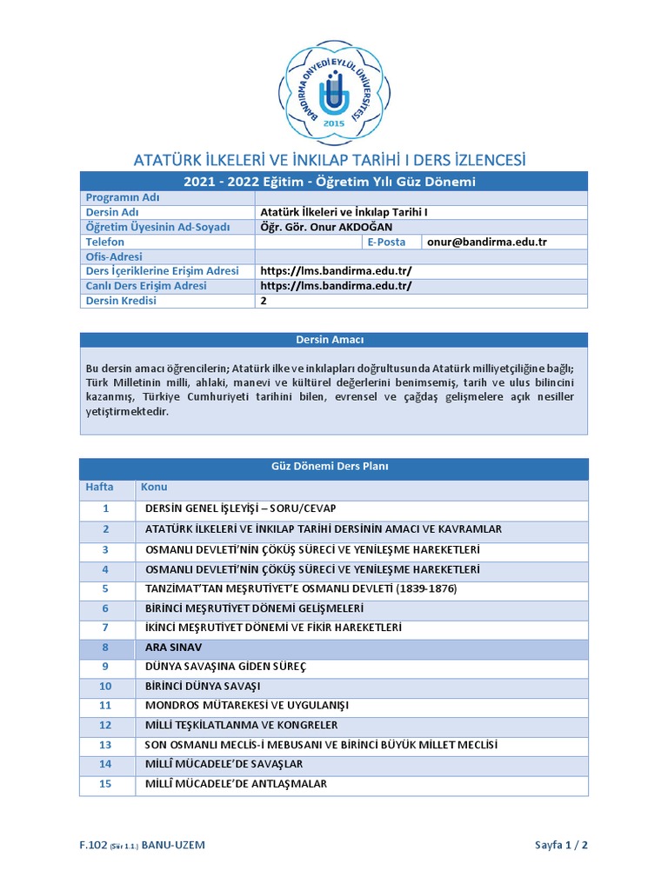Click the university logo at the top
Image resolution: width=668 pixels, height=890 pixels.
pyautogui.click(x=334, y=91)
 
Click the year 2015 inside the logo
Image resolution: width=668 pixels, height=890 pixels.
pyautogui.click(x=334, y=124)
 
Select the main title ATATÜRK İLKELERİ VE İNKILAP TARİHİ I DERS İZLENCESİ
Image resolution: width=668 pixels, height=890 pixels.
pyautogui.click(x=329, y=160)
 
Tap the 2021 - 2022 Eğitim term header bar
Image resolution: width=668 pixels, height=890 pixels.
pyautogui.click(x=334, y=182)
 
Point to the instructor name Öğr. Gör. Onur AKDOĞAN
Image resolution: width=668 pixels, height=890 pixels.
pyautogui.click(x=326, y=227)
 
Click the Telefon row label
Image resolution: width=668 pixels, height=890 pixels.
pyautogui.click(x=105, y=242)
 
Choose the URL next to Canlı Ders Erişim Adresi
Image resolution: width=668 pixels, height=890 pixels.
pyautogui.click(x=336, y=286)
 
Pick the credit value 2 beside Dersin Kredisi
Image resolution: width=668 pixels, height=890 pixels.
pyautogui.click(x=264, y=301)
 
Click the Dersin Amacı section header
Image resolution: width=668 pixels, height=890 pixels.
pyautogui.click(x=334, y=340)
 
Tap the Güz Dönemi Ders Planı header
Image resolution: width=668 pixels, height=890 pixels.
pyautogui.click(x=334, y=467)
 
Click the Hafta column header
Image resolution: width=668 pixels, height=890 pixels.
pyautogui.click(x=99, y=487)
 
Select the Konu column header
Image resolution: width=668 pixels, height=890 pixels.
pyautogui.click(x=154, y=487)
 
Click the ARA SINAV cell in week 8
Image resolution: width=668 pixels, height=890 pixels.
pyautogui.click(x=168, y=648)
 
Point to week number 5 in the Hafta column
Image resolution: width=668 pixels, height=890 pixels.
pyautogui.click(x=105, y=588)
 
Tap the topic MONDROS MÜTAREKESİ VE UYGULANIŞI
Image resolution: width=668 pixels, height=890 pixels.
pyautogui.click(x=242, y=706)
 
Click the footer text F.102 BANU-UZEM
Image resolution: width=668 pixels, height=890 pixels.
pyautogui.click(x=143, y=845)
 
